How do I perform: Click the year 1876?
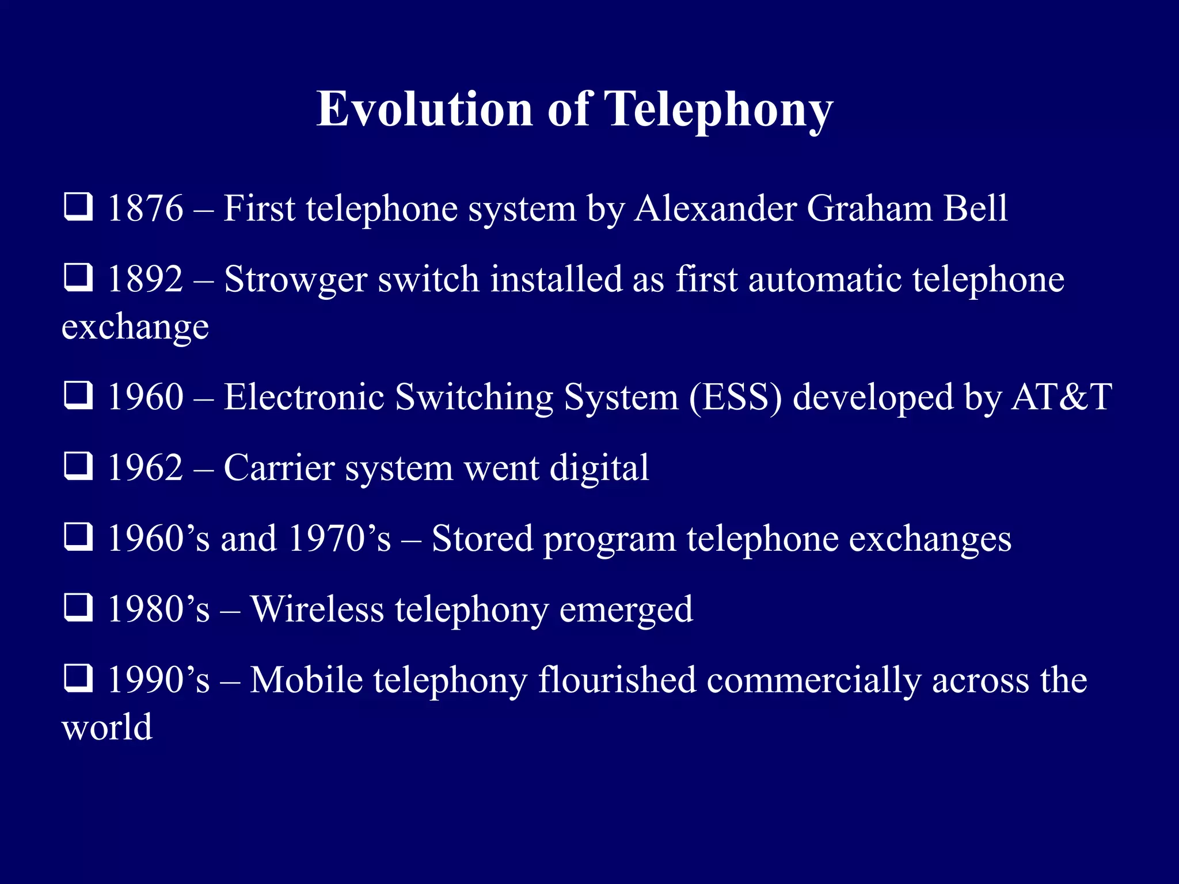click(146, 208)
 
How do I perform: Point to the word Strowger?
click(295, 280)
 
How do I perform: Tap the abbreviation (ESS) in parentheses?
click(735, 397)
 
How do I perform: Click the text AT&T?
click(1062, 397)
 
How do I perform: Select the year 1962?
click(146, 468)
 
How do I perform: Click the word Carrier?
click(279, 468)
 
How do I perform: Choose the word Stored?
click(482, 539)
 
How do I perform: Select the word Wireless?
click(317, 609)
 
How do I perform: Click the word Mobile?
click(306, 680)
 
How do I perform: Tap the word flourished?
click(617, 680)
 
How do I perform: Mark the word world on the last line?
click(107, 727)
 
